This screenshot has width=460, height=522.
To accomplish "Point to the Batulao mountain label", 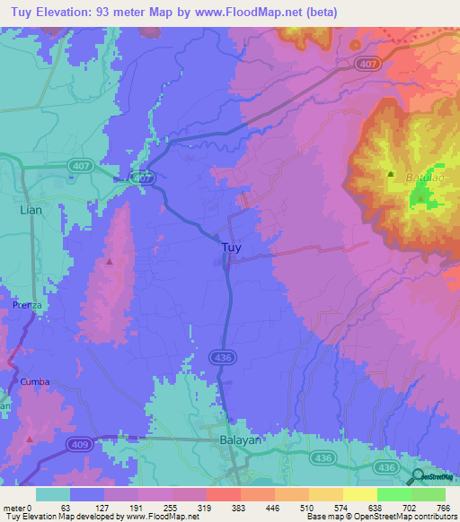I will point(425,179).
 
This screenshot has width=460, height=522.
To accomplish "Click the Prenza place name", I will point(29,306).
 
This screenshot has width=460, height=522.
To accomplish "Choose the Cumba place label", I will point(35,381).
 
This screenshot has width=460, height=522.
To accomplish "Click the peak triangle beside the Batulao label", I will point(390,174).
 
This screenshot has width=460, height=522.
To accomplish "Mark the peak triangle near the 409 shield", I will point(31,439).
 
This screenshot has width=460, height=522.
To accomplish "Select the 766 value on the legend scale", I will point(442,507).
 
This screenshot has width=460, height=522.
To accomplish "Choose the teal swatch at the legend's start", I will point(52,494).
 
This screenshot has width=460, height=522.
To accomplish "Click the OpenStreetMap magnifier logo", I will point(419,477).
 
